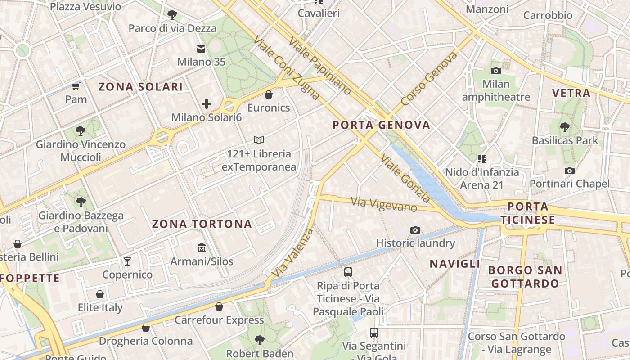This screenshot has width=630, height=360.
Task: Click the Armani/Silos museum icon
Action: click(x=201, y=248)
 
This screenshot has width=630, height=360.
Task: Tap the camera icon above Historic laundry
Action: click(x=415, y=230)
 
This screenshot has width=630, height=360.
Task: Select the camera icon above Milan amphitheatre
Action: click(x=496, y=71)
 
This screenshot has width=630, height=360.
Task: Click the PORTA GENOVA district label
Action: click(x=382, y=125)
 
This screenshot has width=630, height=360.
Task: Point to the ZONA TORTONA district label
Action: click(x=202, y=224)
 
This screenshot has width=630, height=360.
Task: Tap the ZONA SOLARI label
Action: click(x=140, y=87)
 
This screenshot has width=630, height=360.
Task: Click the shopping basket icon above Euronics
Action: click(x=269, y=94)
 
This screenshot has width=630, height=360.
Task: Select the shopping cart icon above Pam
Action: click(x=76, y=85)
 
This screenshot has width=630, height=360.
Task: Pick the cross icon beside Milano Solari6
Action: click(x=207, y=104)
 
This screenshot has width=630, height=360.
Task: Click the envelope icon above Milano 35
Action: click(x=201, y=49)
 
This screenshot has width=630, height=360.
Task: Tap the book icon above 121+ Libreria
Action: click(x=259, y=140)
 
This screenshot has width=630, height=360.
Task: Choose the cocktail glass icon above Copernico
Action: click(x=127, y=261)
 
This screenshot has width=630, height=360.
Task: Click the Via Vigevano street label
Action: click(x=384, y=205)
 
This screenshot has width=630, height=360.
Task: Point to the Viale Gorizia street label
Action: click(x=405, y=178)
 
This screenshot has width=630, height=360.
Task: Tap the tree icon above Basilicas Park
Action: click(x=565, y=127)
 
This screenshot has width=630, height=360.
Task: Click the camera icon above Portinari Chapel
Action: click(x=570, y=171)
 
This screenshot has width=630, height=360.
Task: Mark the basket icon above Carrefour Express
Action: click(x=219, y=306)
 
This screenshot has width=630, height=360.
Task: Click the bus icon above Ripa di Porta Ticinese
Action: click(x=348, y=272)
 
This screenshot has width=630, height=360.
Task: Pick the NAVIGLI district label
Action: click(x=455, y=264)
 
